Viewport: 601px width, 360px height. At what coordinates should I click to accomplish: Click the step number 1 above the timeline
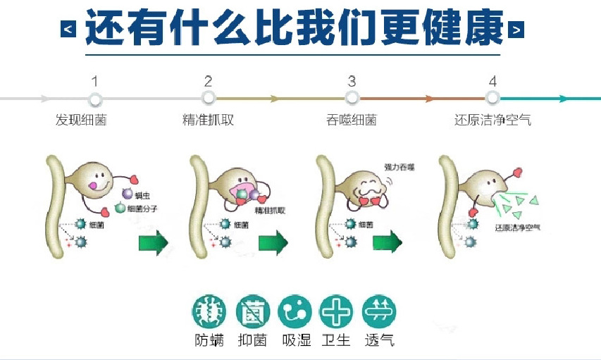pos(95,82)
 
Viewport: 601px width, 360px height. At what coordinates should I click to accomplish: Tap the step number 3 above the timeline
pos(352,82)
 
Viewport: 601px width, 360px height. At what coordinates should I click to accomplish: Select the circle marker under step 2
pos(208,99)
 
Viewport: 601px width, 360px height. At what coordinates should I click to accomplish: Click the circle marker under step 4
pos(492,99)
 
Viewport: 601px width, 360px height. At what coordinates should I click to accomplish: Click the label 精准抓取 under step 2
pos(207,120)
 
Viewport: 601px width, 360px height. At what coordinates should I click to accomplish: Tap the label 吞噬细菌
pos(351,120)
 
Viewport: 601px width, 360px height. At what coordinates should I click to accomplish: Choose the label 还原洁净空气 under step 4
pos(492,120)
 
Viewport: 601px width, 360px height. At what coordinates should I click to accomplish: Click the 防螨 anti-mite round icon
pos(209,311)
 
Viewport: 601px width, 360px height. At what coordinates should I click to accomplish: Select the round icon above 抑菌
pos(252,311)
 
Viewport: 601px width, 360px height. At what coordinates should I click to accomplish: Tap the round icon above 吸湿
pos(295,311)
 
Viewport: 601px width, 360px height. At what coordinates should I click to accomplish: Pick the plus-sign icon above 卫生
pos(336,311)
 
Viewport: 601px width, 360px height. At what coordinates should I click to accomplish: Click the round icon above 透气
pos(379,311)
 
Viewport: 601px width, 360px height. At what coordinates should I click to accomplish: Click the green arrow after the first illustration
pos(154,244)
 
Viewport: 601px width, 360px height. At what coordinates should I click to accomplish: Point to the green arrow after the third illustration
pos(387,244)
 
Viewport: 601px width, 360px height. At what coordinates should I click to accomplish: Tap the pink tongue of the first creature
pos(92,186)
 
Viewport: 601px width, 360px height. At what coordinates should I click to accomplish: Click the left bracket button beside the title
pos(68,30)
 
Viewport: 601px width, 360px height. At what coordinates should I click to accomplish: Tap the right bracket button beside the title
pos(516,30)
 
